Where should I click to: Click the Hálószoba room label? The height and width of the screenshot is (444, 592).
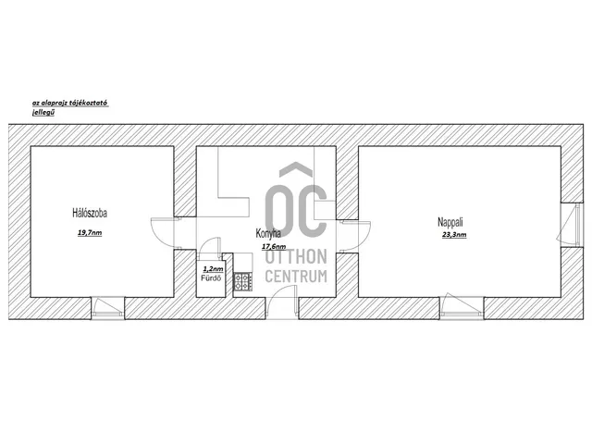tap(90, 213)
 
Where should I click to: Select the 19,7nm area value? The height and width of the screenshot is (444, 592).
tap(90, 232)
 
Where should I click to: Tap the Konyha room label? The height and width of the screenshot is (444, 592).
tap(268, 233)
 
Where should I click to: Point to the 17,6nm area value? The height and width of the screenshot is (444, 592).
tap(274, 247)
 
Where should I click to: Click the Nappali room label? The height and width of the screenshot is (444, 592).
tap(450, 222)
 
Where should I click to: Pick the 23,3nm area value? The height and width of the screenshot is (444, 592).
tap(454, 234)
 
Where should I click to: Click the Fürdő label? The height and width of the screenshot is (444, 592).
tap(211, 278)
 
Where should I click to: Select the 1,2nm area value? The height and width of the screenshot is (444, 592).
tap(213, 269)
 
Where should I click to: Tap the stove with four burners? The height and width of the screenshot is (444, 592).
tap(242, 281)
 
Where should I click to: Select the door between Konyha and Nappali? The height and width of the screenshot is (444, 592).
tap(355, 236)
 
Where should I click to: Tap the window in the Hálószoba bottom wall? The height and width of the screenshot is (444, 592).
tap(107, 307)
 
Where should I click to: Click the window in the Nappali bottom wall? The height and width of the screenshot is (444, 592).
tap(462, 306)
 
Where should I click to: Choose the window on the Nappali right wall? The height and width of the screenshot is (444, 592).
tap(570, 225)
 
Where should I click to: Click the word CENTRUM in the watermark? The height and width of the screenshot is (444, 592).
tap(296, 276)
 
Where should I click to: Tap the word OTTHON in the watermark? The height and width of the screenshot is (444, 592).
tap(296, 257)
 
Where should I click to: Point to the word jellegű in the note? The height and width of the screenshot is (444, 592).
tap(43, 112)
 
